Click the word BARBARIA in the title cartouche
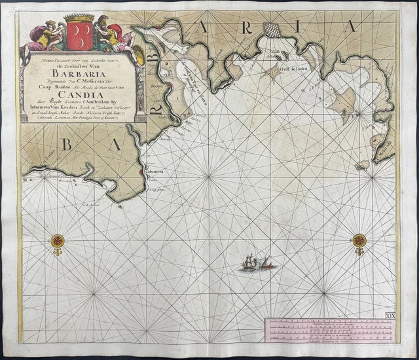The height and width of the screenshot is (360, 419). click(x=81, y=73)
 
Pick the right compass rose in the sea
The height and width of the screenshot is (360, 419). click(x=359, y=241)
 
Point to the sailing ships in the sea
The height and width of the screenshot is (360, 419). click(x=253, y=262)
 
